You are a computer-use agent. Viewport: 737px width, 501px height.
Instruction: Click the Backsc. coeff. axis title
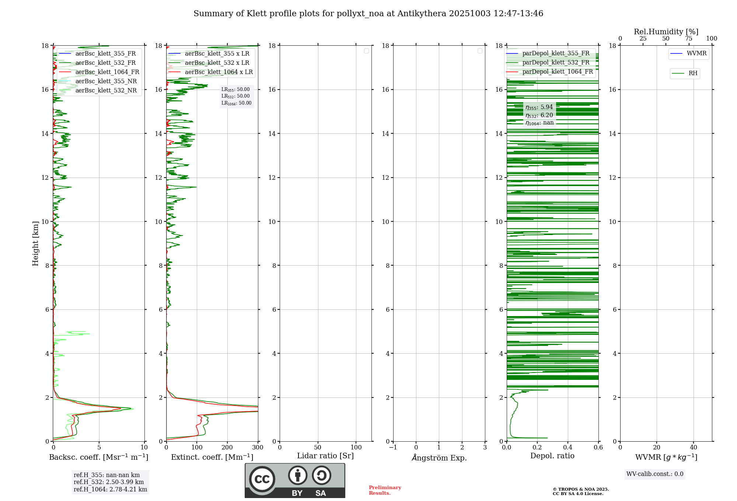point(99,457)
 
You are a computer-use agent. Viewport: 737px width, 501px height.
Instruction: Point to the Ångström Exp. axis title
point(439,458)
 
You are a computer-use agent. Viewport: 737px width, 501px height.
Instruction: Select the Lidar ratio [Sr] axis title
point(325,456)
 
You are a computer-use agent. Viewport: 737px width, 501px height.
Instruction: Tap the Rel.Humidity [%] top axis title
point(666,32)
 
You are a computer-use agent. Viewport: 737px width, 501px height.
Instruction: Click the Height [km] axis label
point(35,244)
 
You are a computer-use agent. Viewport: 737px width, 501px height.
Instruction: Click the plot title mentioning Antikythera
point(368,14)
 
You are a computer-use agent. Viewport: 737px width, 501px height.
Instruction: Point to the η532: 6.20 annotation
point(539,115)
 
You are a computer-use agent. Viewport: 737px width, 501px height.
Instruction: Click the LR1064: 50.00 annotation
point(236,103)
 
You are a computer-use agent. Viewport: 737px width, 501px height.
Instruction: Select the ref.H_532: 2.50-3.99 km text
point(109,482)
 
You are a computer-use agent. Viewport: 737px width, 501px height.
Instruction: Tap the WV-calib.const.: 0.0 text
point(655,474)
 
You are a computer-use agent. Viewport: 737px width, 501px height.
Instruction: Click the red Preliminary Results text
point(385,490)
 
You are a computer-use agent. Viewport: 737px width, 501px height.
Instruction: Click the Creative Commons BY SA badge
point(295,480)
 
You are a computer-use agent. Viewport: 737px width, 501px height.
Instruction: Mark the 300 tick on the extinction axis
point(258,448)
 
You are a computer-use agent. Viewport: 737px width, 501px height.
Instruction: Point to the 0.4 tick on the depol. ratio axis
point(568,448)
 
